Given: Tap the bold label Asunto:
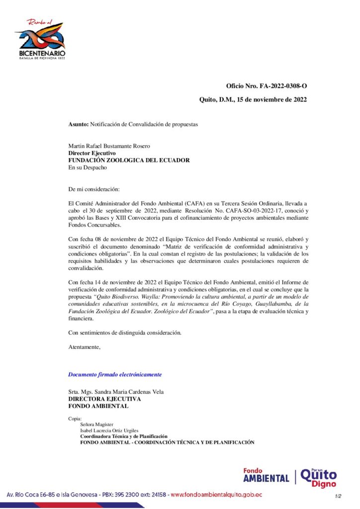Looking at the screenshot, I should [78, 124].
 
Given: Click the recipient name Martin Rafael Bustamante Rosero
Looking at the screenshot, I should [109, 146].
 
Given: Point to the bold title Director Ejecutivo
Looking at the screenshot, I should [91, 153].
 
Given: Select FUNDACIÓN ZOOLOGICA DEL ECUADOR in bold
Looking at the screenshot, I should [129, 160].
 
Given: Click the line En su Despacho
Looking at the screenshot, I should [88, 168].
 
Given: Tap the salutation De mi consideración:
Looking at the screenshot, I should [94, 189].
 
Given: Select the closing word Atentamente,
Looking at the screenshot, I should [84, 347].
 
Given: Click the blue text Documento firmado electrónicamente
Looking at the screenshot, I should [115, 374].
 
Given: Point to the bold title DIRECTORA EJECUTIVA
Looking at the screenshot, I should [104, 399].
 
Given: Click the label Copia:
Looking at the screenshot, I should [75, 419].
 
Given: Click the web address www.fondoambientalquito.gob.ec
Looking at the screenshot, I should [216, 495].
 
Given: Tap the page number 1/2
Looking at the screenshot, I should [338, 496].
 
